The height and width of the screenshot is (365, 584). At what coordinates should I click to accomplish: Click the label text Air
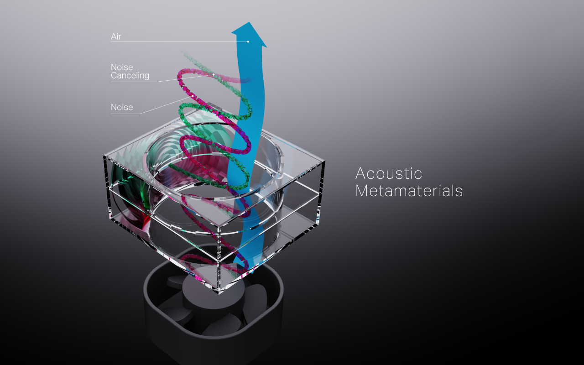pyautogui.click(x=116, y=36)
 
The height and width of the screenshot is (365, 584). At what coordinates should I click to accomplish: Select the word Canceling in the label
pyautogui.click(x=130, y=75)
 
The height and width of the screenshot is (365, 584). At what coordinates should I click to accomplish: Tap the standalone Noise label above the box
pyautogui.click(x=122, y=107)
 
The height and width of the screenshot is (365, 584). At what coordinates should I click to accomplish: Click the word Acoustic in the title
pyautogui.click(x=389, y=174)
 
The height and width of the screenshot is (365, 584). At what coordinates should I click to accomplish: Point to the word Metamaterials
pyautogui.click(x=409, y=191)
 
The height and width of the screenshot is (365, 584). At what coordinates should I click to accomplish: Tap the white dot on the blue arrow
pyautogui.click(x=248, y=42)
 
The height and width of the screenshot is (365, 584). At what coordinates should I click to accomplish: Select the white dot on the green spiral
pyautogui.click(x=213, y=74)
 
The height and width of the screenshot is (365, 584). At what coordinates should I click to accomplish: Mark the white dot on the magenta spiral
pyautogui.click(x=193, y=96)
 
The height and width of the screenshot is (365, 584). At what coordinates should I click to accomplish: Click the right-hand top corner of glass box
pyautogui.click(x=324, y=161)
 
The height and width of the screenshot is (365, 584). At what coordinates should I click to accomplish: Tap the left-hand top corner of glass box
pyautogui.click(x=104, y=156)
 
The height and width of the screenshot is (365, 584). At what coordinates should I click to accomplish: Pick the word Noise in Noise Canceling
pyautogui.click(x=122, y=67)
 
